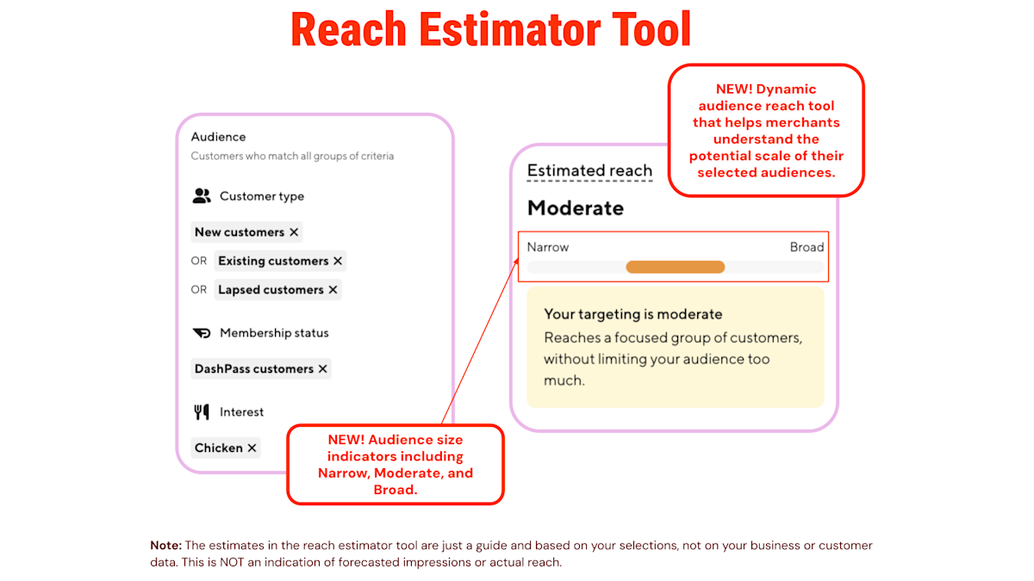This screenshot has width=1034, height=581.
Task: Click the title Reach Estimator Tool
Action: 491,30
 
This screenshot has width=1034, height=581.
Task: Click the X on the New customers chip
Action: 294,232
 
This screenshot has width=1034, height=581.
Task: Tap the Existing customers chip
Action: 273,261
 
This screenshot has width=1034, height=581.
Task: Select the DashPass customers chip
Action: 254,369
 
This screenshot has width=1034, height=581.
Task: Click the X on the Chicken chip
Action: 252,448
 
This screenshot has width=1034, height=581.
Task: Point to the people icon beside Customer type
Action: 202,196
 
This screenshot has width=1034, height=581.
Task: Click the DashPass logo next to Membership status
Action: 202,333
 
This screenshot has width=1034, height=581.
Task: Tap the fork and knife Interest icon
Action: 202,412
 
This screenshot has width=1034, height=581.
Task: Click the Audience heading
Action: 218,137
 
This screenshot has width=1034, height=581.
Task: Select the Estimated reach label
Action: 589,170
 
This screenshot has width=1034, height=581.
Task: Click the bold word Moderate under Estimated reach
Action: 576,208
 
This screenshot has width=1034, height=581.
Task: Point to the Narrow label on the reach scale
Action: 548,247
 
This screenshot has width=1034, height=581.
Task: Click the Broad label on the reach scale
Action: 807,247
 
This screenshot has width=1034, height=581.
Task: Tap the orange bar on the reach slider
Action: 675,267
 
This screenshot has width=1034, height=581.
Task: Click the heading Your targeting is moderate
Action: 633,314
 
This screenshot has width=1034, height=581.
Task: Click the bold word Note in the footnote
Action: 165,546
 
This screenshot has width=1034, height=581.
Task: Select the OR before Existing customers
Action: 199,261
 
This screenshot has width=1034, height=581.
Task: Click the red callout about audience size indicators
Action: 395,464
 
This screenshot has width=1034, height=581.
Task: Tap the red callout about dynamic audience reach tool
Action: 766,131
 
